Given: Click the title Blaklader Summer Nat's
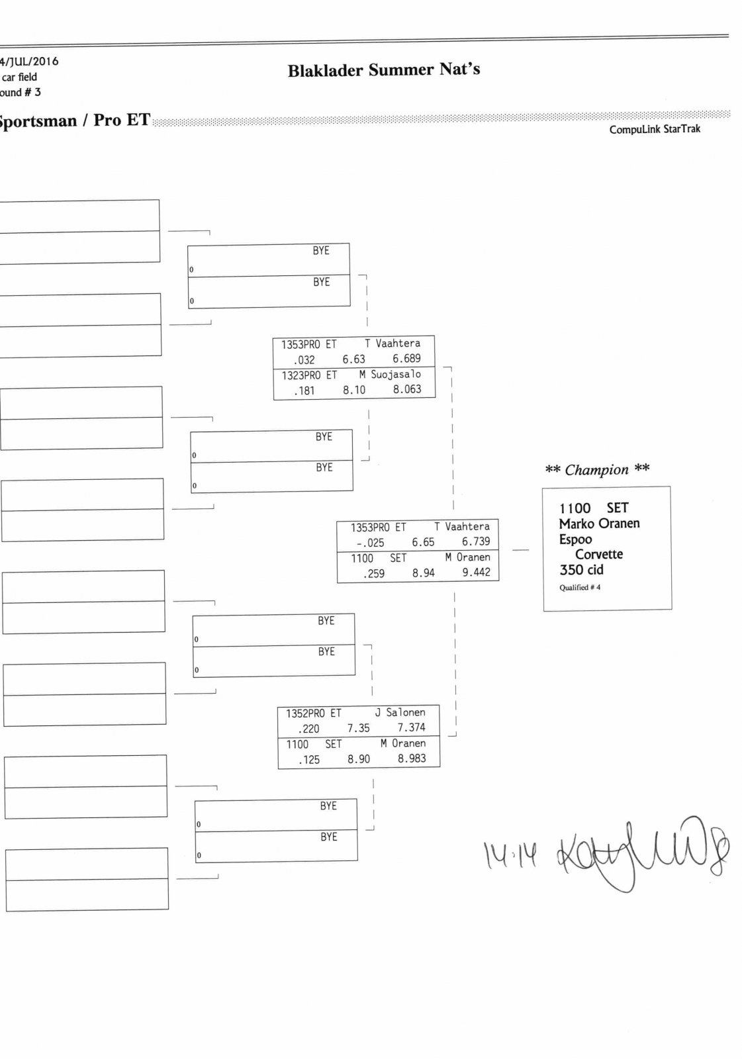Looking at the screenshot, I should point(383,69).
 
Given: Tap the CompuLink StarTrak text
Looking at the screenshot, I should point(654,129).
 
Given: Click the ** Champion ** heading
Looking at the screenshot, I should point(596,470).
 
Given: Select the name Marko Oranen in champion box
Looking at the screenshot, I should point(598,524).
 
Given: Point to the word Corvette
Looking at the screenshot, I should point(598,555).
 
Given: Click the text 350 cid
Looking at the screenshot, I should point(581,570).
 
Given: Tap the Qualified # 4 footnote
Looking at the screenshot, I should point(579,588).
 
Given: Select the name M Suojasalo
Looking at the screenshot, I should point(390,375).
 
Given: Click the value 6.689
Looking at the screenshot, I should point(406,359).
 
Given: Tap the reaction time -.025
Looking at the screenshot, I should point(370,543).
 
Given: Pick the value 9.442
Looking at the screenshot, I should point(476,573).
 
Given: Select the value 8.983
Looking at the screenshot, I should point(411,759).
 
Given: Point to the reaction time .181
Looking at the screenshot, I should point(304,391).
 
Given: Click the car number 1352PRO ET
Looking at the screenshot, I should point(313,714).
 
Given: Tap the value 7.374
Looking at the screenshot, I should point(411,727).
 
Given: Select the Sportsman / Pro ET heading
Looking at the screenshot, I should point(74,120).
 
